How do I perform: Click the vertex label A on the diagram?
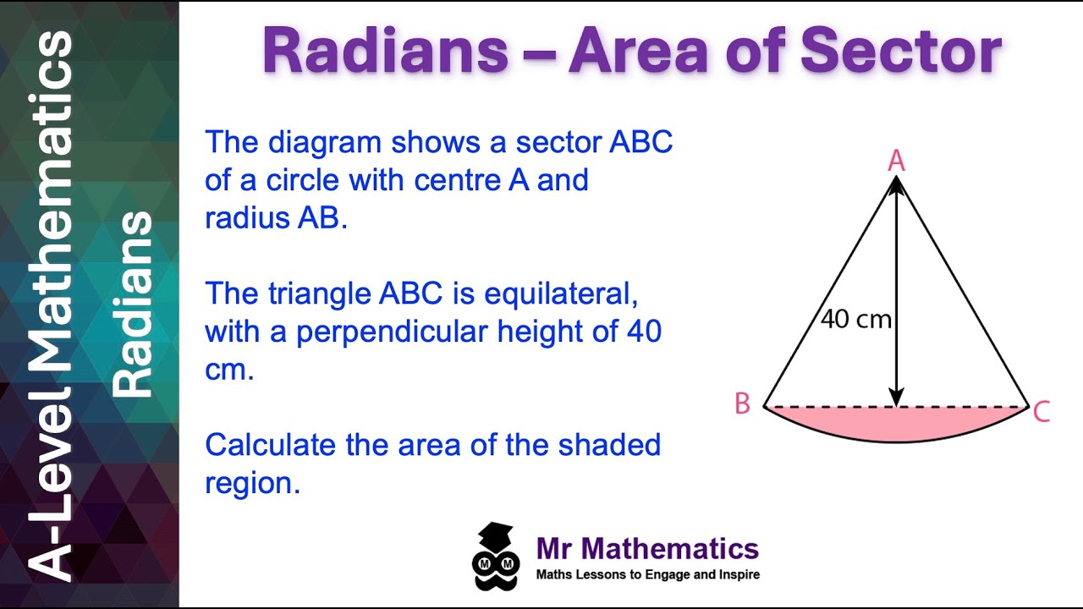[896, 161]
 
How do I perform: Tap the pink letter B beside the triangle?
[742, 404]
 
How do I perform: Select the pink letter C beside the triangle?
[1042, 412]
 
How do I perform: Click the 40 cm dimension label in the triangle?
[855, 320]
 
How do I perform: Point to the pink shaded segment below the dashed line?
[897, 423]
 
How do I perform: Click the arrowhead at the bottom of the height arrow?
[896, 397]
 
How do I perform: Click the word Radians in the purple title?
[385, 52]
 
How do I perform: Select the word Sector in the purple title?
[900, 52]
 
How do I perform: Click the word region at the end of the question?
[252, 483]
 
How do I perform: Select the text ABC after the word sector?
[640, 142]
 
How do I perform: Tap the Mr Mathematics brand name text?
[647, 549]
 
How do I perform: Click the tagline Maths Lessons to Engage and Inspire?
[647, 575]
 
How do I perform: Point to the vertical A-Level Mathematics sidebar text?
[54, 304]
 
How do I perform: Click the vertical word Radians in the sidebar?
[134, 304]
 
